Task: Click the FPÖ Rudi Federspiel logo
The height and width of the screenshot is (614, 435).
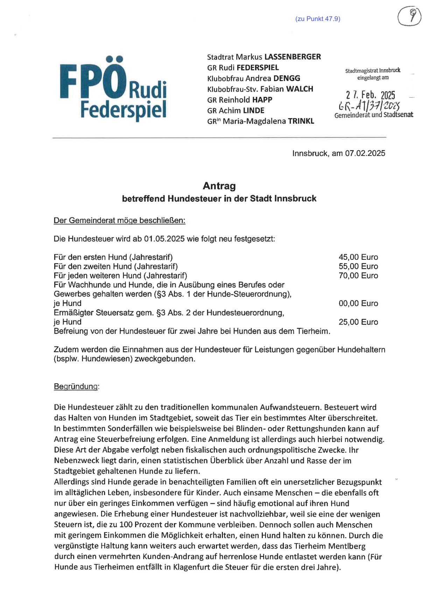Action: coord(113,88)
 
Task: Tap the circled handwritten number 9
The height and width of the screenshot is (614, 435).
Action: coord(409,16)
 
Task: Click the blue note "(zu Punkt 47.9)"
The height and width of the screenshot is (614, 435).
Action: coord(318,19)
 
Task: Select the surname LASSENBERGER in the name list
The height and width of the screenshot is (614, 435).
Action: coord(293,57)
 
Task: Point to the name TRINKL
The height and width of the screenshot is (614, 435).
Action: coord(301,121)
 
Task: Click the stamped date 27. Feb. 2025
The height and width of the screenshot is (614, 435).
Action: coord(371,95)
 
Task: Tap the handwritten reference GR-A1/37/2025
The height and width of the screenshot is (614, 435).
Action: coord(369,105)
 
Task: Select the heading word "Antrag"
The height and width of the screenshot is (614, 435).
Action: coord(219,186)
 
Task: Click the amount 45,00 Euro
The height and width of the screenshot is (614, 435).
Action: coord(358,257)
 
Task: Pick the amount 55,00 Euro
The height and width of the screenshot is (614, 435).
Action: coord(358,266)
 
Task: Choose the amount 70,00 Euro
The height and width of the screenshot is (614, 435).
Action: coord(358,276)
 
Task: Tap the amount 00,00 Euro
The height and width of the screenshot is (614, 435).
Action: coord(358,304)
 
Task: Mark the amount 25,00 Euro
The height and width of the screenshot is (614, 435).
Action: coord(358,322)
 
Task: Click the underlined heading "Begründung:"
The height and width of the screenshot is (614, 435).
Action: coord(76,386)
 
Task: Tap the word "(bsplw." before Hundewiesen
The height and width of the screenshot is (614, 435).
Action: coord(66,359)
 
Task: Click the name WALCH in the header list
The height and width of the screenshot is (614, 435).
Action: coord(300,89)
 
